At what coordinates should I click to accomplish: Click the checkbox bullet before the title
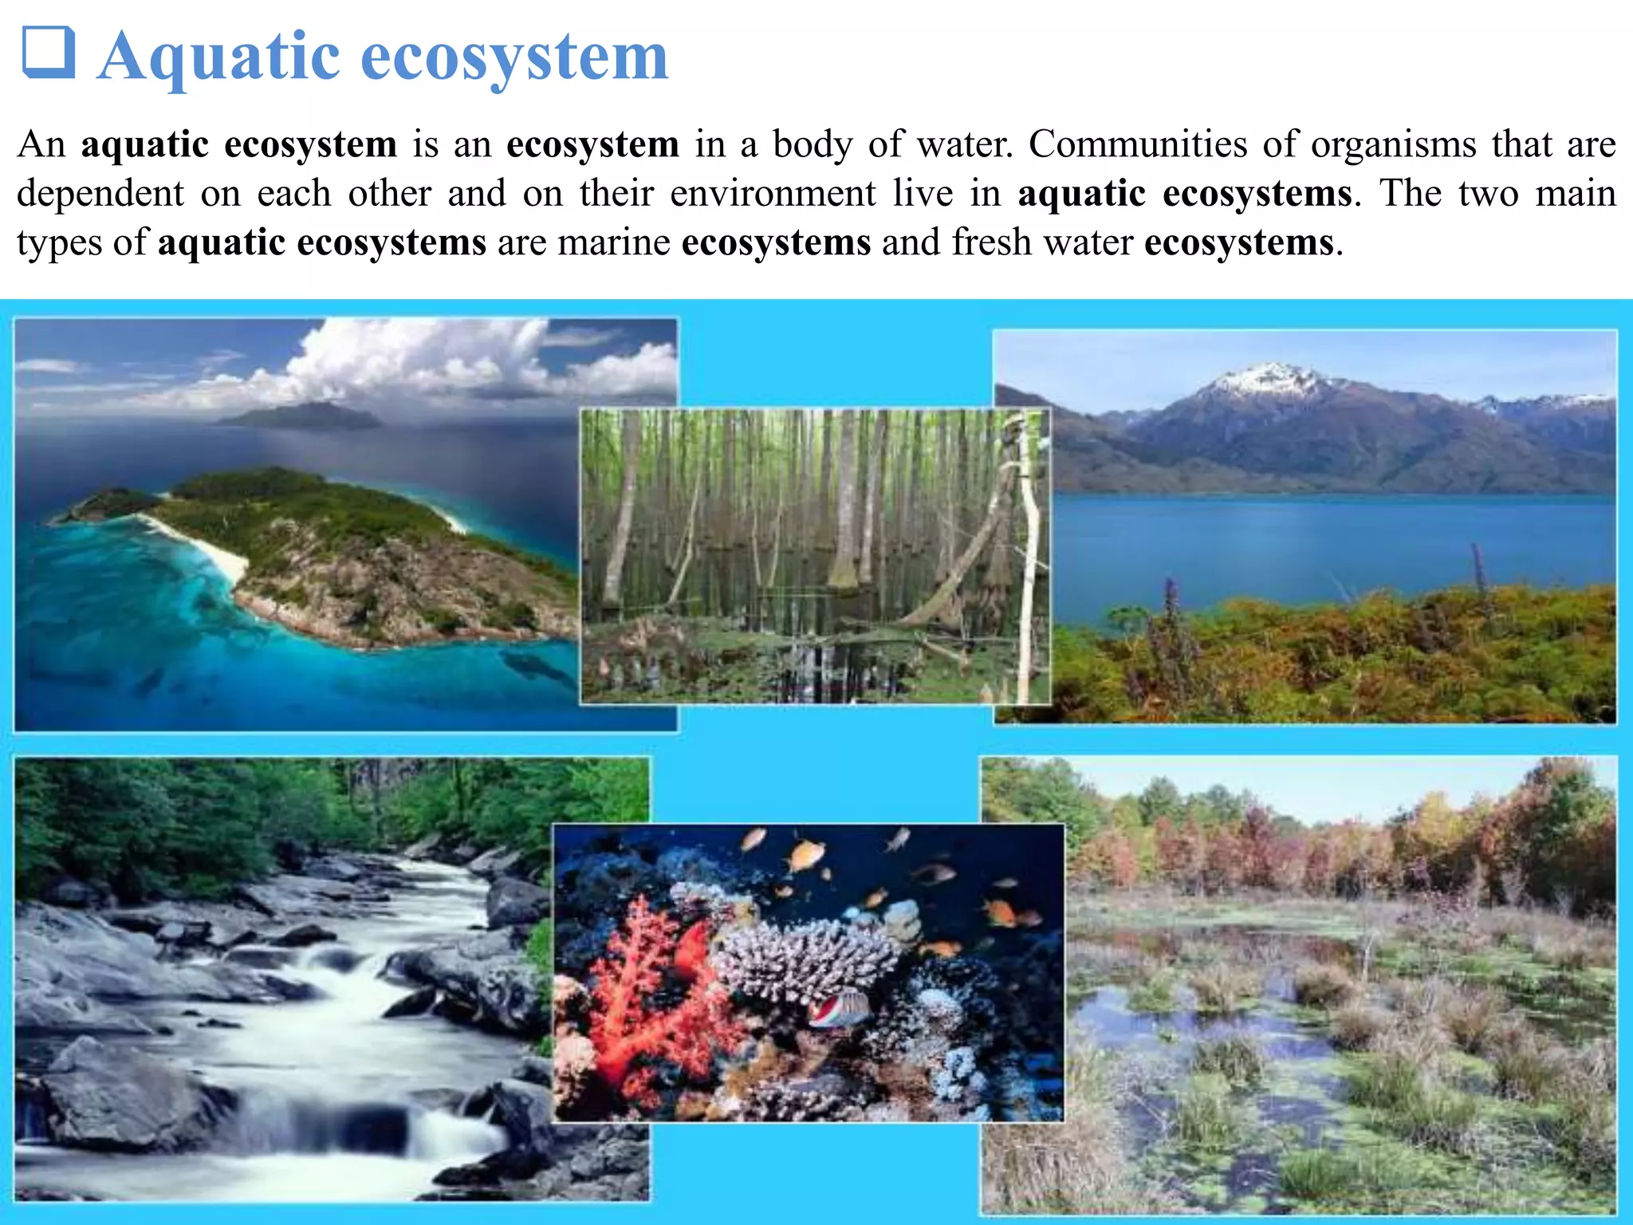click(x=48, y=53)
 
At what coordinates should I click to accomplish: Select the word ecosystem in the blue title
click(x=514, y=57)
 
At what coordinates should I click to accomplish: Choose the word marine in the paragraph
click(x=613, y=242)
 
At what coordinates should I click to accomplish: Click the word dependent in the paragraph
click(x=100, y=194)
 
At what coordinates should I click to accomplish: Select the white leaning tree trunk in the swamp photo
click(x=1029, y=558)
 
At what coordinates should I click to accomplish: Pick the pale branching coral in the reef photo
click(x=805, y=957)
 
